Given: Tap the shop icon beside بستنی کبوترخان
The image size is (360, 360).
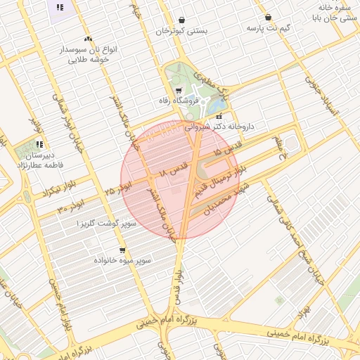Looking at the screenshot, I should click(x=182, y=20).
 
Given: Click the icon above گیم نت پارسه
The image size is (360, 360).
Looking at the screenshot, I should click(x=268, y=18).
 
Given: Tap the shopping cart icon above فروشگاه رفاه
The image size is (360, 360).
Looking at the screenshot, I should click(x=179, y=90).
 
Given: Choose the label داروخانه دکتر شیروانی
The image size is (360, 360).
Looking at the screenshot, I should click(x=219, y=127).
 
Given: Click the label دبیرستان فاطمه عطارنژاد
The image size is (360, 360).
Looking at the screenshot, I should click(x=40, y=160).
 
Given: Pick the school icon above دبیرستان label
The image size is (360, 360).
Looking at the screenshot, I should click(x=40, y=145).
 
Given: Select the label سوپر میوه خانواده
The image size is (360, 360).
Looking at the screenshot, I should click(x=122, y=261).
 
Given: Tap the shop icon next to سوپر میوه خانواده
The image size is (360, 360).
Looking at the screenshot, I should click(x=122, y=250).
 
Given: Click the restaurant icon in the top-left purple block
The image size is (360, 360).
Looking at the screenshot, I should click(x=60, y=8).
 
